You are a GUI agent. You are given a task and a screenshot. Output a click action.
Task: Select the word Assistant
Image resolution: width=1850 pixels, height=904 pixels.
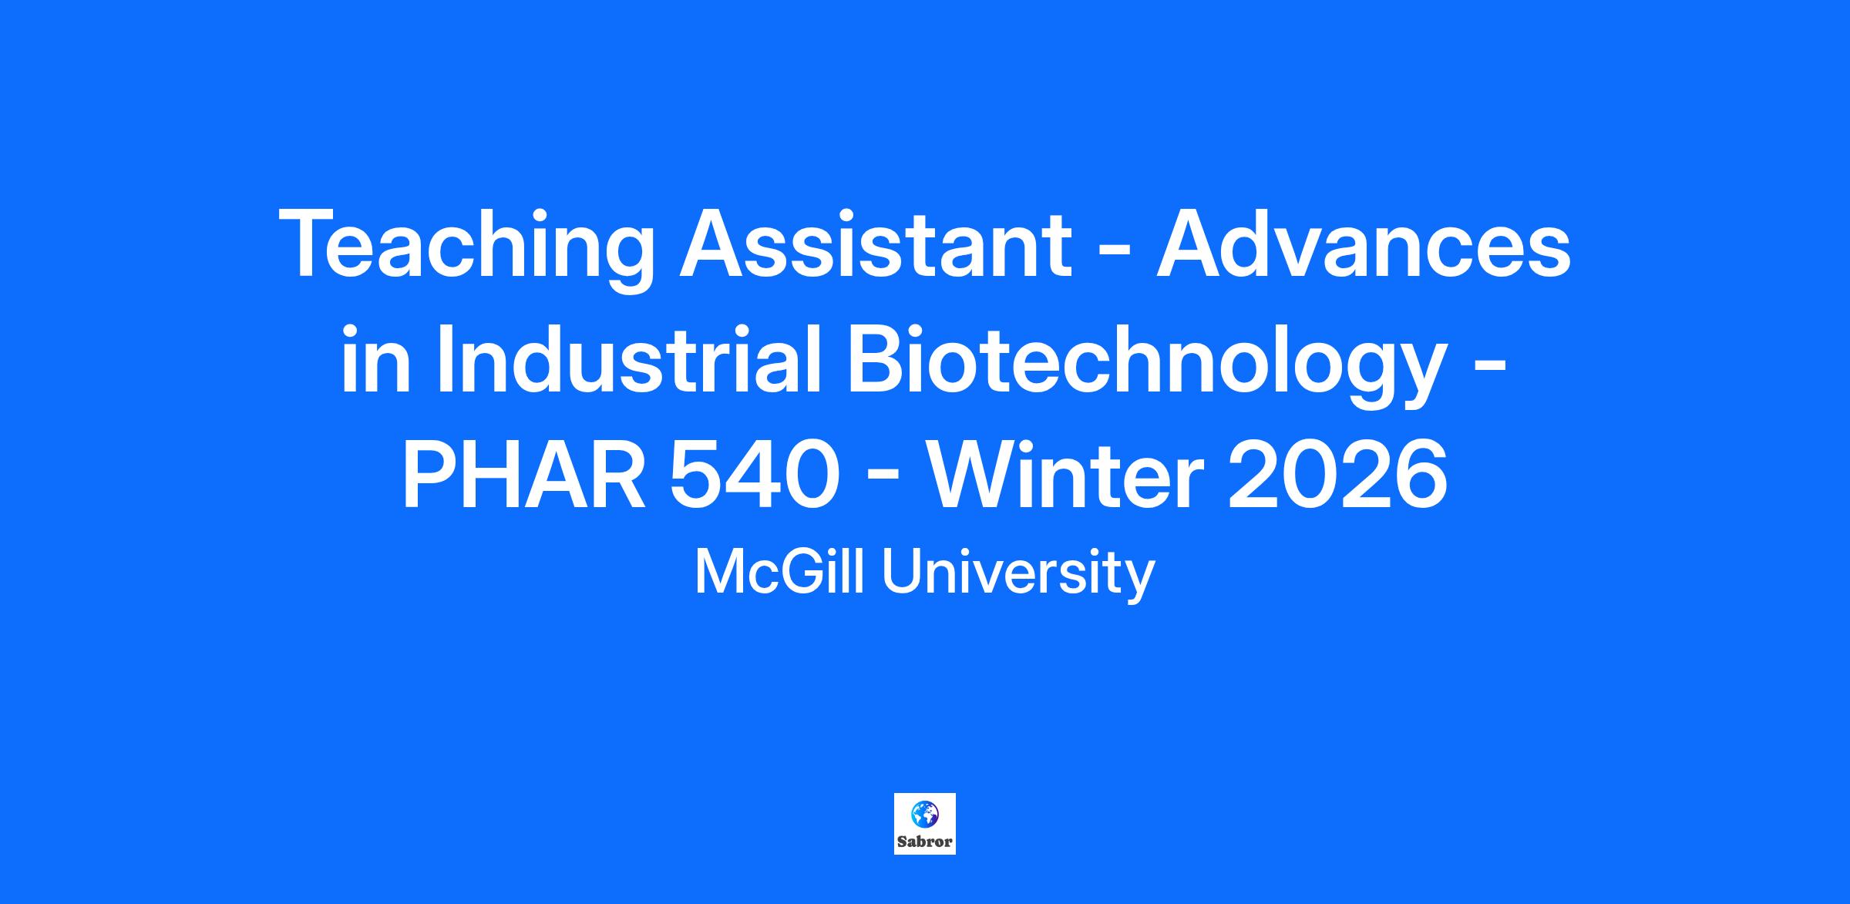(x=875, y=243)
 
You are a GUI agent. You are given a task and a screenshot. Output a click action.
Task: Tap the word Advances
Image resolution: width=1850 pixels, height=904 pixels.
(x=1362, y=243)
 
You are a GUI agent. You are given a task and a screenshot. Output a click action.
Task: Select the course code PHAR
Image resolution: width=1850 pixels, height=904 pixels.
(x=524, y=476)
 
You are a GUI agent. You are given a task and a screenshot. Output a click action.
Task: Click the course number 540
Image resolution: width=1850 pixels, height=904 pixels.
(x=754, y=476)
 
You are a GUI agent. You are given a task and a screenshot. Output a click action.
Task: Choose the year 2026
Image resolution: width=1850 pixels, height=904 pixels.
(x=1338, y=476)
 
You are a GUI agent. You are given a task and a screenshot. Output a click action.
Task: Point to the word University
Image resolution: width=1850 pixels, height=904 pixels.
(x=1018, y=575)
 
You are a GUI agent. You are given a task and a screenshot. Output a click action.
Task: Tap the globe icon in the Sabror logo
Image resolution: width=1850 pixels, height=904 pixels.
(x=925, y=813)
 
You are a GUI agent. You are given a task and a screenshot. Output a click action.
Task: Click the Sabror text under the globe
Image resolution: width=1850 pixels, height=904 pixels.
(x=925, y=842)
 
